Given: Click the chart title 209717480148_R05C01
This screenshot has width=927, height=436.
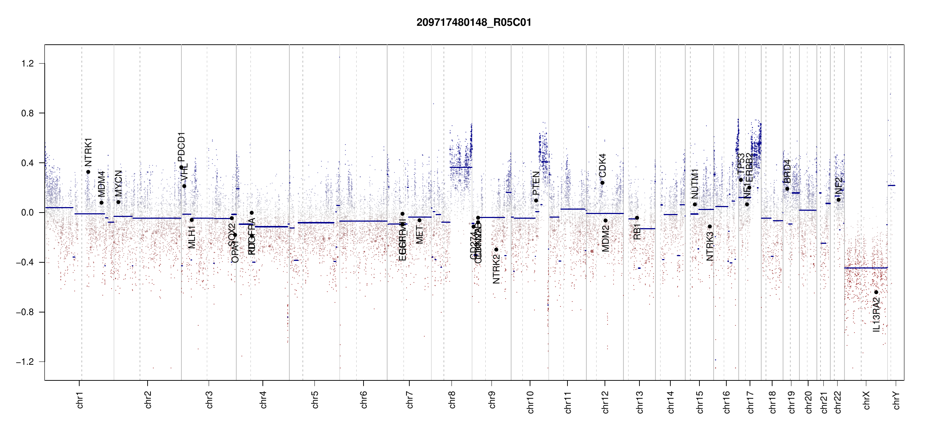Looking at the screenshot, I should [x=474, y=23].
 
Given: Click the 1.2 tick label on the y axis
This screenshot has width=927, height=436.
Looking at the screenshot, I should [x=27, y=64].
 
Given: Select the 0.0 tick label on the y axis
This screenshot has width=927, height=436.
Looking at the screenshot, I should [x=27, y=213].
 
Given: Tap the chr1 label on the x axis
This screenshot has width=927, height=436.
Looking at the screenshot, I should [x=80, y=400].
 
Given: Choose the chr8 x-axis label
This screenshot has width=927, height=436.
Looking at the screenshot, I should [x=452, y=400].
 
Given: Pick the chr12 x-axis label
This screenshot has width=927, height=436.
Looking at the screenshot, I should [x=605, y=402].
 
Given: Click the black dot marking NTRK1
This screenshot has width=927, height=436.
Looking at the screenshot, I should [x=88, y=172].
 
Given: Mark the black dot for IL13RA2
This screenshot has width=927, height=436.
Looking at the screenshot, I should [x=876, y=292].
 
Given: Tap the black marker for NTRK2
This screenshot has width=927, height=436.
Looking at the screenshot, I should [x=496, y=250].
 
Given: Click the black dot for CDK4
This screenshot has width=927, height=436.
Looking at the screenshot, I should [x=602, y=183].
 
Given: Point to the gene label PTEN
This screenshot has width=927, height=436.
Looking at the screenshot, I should [x=536, y=183].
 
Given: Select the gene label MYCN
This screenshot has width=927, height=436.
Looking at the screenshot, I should [x=119, y=183].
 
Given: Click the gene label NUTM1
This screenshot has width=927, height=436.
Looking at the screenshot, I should [x=695, y=183].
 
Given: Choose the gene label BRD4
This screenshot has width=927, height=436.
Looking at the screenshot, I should [x=787, y=171].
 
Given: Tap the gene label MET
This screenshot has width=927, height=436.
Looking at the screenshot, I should [x=420, y=235].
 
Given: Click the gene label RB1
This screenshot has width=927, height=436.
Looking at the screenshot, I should [x=637, y=231].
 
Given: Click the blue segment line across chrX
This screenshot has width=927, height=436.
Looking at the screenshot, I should [x=865, y=268].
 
